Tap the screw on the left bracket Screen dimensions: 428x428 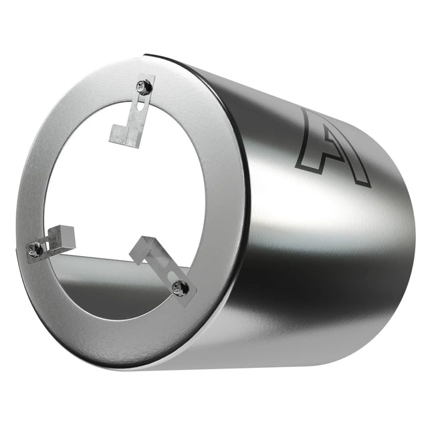click(x=36, y=249)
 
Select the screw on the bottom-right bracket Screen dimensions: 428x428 click(x=179, y=287)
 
